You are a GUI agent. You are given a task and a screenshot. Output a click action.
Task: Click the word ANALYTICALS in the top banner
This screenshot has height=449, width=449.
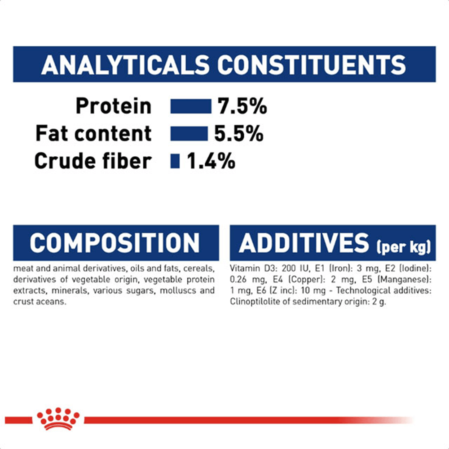tap(125, 65)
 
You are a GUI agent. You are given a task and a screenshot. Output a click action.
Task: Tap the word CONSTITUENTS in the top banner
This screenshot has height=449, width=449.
tap(312, 65)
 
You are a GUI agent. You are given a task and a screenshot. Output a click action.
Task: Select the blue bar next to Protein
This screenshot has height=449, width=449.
tap(191, 106)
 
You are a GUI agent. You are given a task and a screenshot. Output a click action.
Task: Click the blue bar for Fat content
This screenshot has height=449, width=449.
tap(189, 133)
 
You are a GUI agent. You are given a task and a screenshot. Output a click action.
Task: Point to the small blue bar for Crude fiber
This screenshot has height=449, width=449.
tap(175, 161)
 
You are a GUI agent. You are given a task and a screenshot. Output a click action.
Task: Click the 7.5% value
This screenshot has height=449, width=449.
tap(242, 106)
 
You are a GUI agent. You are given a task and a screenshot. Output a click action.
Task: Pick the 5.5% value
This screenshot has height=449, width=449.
tap(239, 133)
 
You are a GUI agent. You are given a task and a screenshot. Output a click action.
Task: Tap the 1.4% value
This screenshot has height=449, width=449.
tap(211, 161)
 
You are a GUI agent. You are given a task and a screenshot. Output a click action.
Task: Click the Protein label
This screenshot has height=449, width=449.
tap(114, 106)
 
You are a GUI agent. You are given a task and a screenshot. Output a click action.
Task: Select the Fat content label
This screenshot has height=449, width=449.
tap(93, 133)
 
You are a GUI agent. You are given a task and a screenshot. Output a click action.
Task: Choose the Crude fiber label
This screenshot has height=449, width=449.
tap(93, 161)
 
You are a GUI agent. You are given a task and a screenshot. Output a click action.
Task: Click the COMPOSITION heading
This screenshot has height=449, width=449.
tap(114, 243)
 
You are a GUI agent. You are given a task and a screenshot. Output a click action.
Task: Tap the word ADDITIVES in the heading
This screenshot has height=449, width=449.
tap(304, 243)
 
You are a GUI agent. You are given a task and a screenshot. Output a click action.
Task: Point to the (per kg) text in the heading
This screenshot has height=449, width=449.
tap(404, 247)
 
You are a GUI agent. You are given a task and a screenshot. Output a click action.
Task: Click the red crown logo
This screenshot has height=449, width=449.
tap(58, 418)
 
